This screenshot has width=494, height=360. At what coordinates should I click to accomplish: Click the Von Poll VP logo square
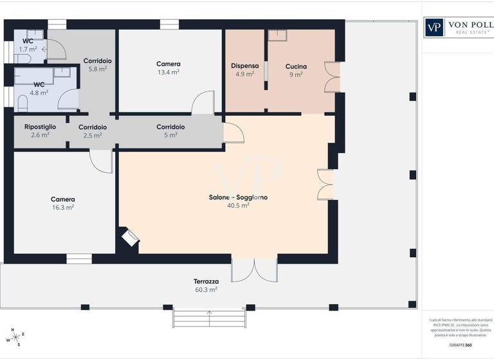(x=434, y=28)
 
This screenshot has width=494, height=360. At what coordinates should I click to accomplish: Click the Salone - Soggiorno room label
(x=237, y=197)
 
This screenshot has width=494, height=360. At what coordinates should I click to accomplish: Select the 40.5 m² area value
(x=237, y=206)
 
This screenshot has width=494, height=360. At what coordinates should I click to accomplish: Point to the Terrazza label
(x=206, y=282)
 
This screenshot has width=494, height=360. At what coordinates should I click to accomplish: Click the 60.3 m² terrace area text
(x=206, y=290)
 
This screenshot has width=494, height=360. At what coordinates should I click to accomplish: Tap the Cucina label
(x=296, y=66)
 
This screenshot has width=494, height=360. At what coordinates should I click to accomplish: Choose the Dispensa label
(x=244, y=66)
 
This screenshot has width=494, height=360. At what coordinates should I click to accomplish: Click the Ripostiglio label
(x=40, y=127)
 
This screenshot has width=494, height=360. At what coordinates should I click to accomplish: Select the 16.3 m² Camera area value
(x=63, y=208)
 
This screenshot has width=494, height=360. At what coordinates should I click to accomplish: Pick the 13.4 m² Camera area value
(x=169, y=73)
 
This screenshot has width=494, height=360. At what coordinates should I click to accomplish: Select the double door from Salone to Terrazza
(x=254, y=270)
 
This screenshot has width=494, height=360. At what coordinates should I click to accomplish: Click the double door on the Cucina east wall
(x=332, y=77)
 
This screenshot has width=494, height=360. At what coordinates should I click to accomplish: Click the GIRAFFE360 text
(x=459, y=345)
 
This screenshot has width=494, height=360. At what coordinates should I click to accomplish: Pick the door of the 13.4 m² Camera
(x=203, y=104)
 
